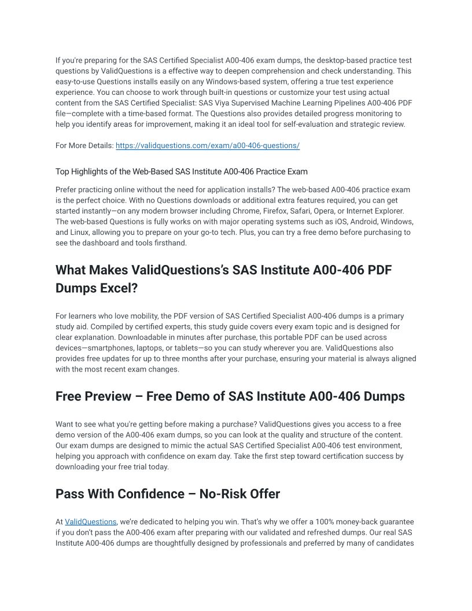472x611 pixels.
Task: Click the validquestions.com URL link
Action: (x=208, y=146)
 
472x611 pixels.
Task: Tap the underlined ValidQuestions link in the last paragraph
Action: (x=91, y=522)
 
